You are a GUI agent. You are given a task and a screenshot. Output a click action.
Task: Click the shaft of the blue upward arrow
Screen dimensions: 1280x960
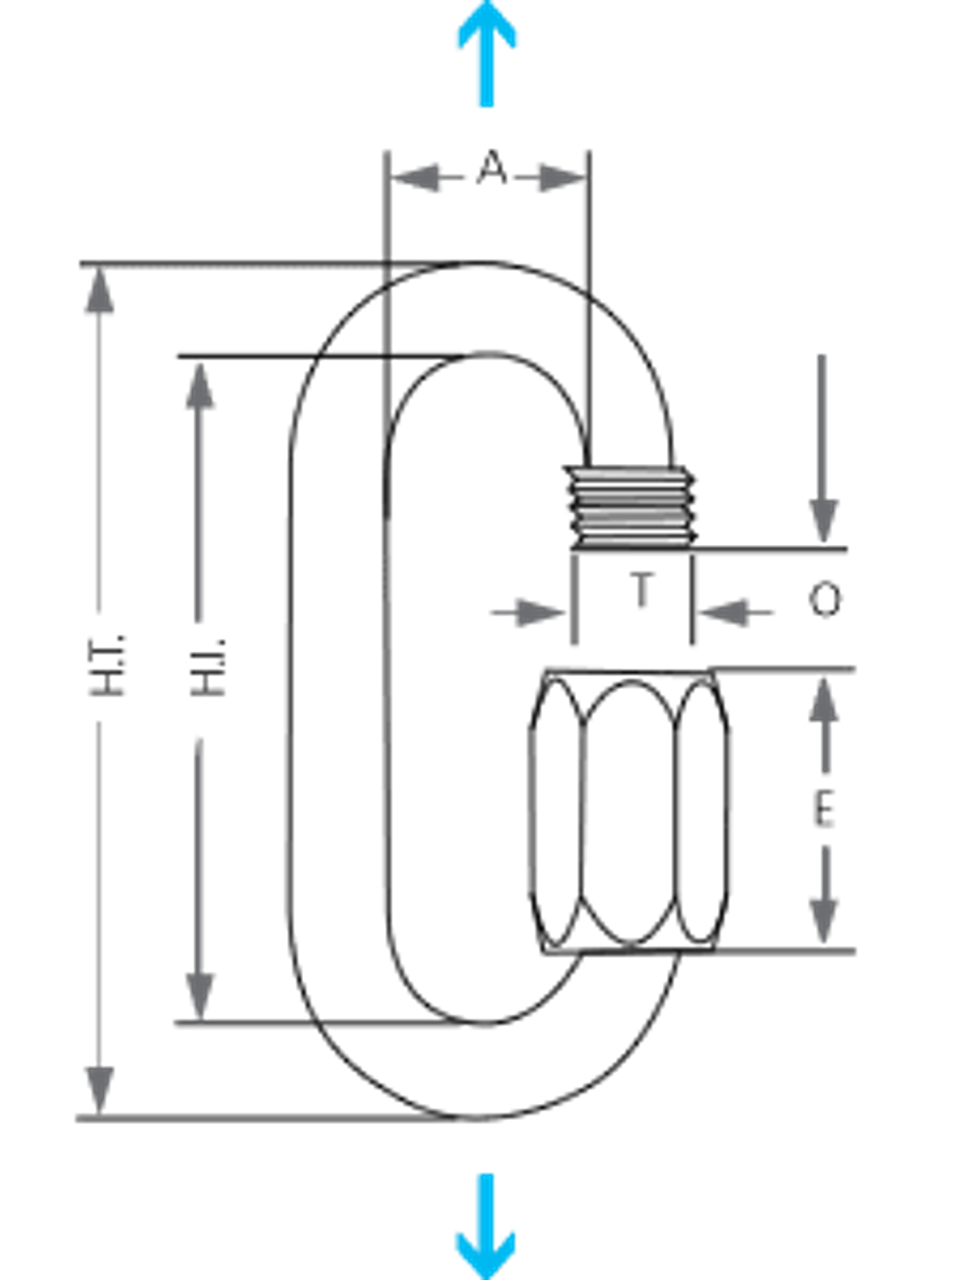[x=486, y=80]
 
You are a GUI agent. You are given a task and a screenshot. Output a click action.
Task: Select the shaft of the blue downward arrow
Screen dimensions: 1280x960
[x=485, y=1200]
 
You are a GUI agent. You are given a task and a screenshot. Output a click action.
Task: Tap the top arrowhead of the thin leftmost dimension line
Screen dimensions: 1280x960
[x=99, y=295]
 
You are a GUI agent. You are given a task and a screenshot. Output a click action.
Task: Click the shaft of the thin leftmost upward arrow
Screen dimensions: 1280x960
[x=99, y=463]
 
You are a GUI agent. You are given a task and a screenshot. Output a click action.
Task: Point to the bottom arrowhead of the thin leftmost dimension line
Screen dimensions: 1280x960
[x=99, y=1086]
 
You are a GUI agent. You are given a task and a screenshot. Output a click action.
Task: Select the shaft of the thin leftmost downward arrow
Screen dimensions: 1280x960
[x=99, y=893]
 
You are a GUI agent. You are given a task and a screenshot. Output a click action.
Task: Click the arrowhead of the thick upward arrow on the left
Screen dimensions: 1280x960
[x=200, y=389]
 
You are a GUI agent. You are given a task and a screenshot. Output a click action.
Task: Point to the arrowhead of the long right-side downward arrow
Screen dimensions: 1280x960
[x=824, y=518]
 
